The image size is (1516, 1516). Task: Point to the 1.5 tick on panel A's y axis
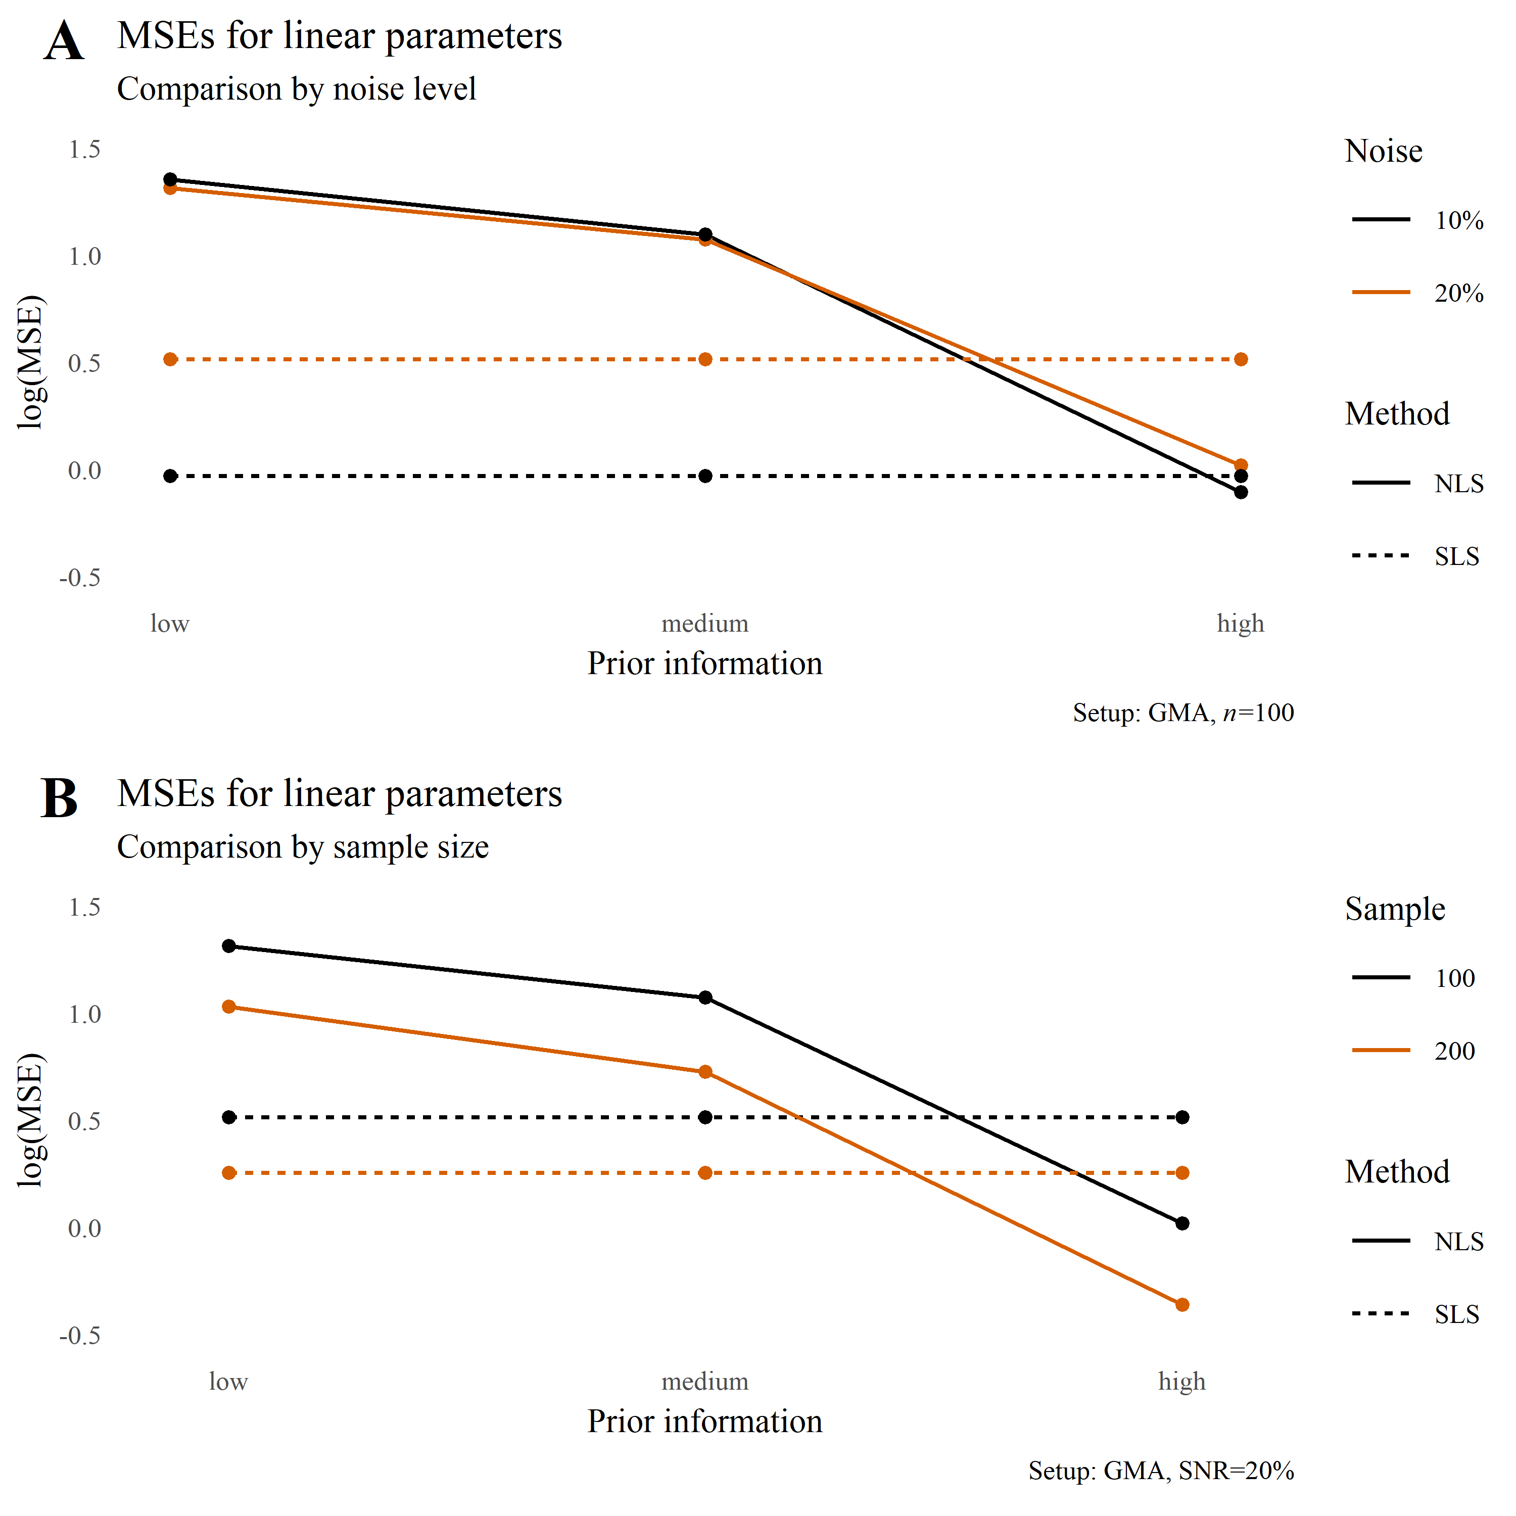(x=85, y=149)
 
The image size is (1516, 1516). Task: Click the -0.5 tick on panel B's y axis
(x=80, y=1336)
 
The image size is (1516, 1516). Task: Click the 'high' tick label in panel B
(x=1182, y=1381)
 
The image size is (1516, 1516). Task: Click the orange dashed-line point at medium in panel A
(x=705, y=359)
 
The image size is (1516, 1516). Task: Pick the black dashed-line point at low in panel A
(x=170, y=477)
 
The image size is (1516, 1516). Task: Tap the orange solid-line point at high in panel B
(x=1182, y=1305)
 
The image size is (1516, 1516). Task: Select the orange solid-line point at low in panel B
(x=229, y=1007)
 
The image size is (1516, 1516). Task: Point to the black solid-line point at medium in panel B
(x=705, y=998)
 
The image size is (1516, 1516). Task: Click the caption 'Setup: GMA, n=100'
(x=1183, y=713)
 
